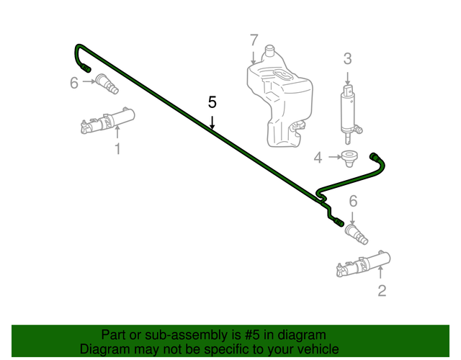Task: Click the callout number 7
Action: [x=253, y=40]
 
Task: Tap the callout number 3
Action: [x=347, y=59]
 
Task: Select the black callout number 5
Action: [x=212, y=102]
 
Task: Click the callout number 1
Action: [x=117, y=149]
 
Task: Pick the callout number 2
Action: [x=382, y=290]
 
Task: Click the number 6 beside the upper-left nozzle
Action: [x=73, y=83]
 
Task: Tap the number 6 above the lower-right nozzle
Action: [x=353, y=201]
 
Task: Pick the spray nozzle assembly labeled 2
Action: [x=363, y=264]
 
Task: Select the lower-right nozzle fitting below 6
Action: [x=358, y=234]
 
